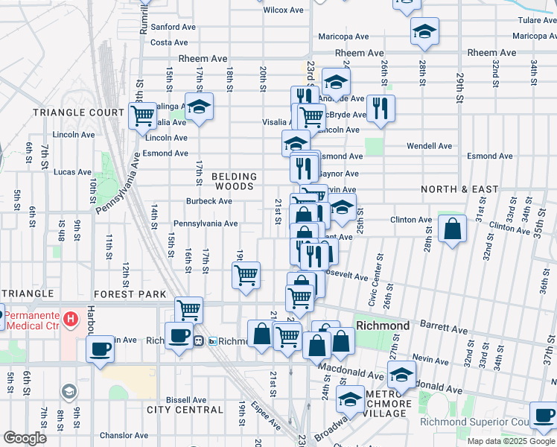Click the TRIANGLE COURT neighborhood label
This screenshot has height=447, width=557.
tap(78, 112)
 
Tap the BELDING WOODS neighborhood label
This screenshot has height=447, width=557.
tap(235, 183)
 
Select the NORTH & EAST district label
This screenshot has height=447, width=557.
tap(459, 189)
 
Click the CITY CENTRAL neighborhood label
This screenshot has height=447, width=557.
tap(185, 410)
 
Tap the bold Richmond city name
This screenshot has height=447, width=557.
tap(383, 326)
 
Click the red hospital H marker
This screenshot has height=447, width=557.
tap(71, 320)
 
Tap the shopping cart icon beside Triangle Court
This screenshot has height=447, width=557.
tap(141, 115)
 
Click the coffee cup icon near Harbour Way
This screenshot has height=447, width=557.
tap(100, 348)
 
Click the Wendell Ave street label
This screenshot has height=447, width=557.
tap(430, 146)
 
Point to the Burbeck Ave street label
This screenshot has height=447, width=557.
tap(209, 201)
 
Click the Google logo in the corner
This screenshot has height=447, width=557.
tap(25, 438)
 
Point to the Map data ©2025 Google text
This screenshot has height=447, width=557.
tap(510, 440)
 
